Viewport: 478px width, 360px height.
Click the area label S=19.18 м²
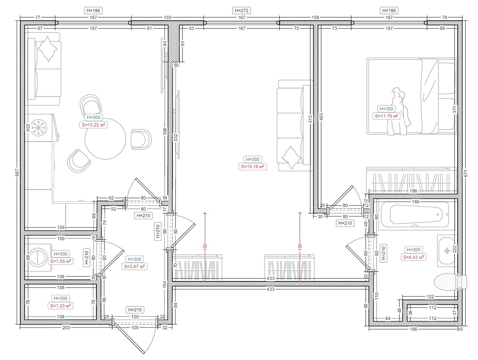253,167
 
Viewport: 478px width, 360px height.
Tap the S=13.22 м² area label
93,125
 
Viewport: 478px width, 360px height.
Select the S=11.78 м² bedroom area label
386,116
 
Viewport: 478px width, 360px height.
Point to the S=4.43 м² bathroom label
413,257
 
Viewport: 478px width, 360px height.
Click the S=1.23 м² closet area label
61,306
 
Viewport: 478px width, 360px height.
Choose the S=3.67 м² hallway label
134,266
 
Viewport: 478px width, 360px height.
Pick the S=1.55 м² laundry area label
61,261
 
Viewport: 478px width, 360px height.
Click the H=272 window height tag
241,10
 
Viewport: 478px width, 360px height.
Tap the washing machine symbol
39,258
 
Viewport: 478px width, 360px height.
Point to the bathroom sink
447,251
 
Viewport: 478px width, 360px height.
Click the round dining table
106,139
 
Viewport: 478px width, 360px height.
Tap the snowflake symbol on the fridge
38,127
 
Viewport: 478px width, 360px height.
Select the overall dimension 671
466,173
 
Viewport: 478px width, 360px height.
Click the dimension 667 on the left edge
17,173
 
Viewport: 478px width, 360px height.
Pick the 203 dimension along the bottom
66,328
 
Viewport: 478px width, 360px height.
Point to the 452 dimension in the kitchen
27,128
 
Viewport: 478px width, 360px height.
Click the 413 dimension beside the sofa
310,120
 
